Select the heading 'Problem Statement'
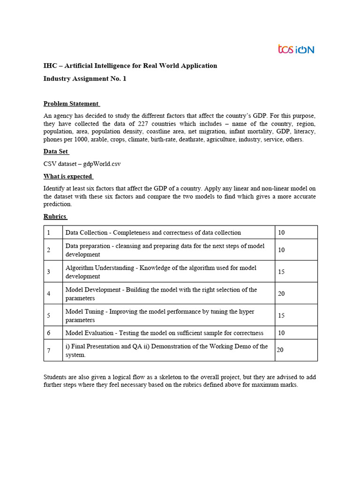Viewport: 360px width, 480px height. click(x=71, y=104)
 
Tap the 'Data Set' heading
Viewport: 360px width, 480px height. click(x=56, y=151)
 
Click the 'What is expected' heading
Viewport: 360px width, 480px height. click(x=67, y=176)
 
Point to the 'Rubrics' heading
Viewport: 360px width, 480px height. click(x=55, y=216)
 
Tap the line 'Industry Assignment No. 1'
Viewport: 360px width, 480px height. click(x=85, y=79)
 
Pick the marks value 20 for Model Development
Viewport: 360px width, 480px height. click(x=282, y=293)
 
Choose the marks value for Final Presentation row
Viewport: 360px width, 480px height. click(x=281, y=350)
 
